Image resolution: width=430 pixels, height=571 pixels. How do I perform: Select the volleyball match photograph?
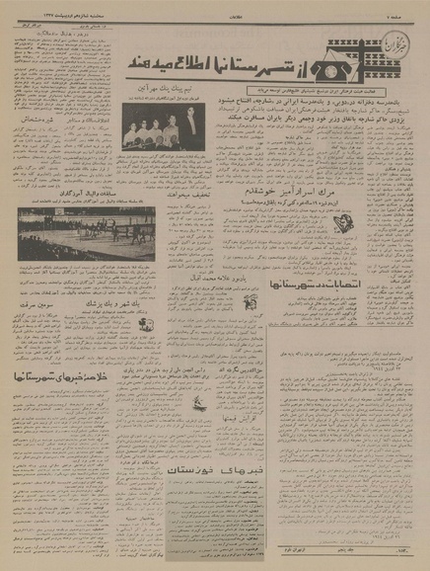pos(81,233)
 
